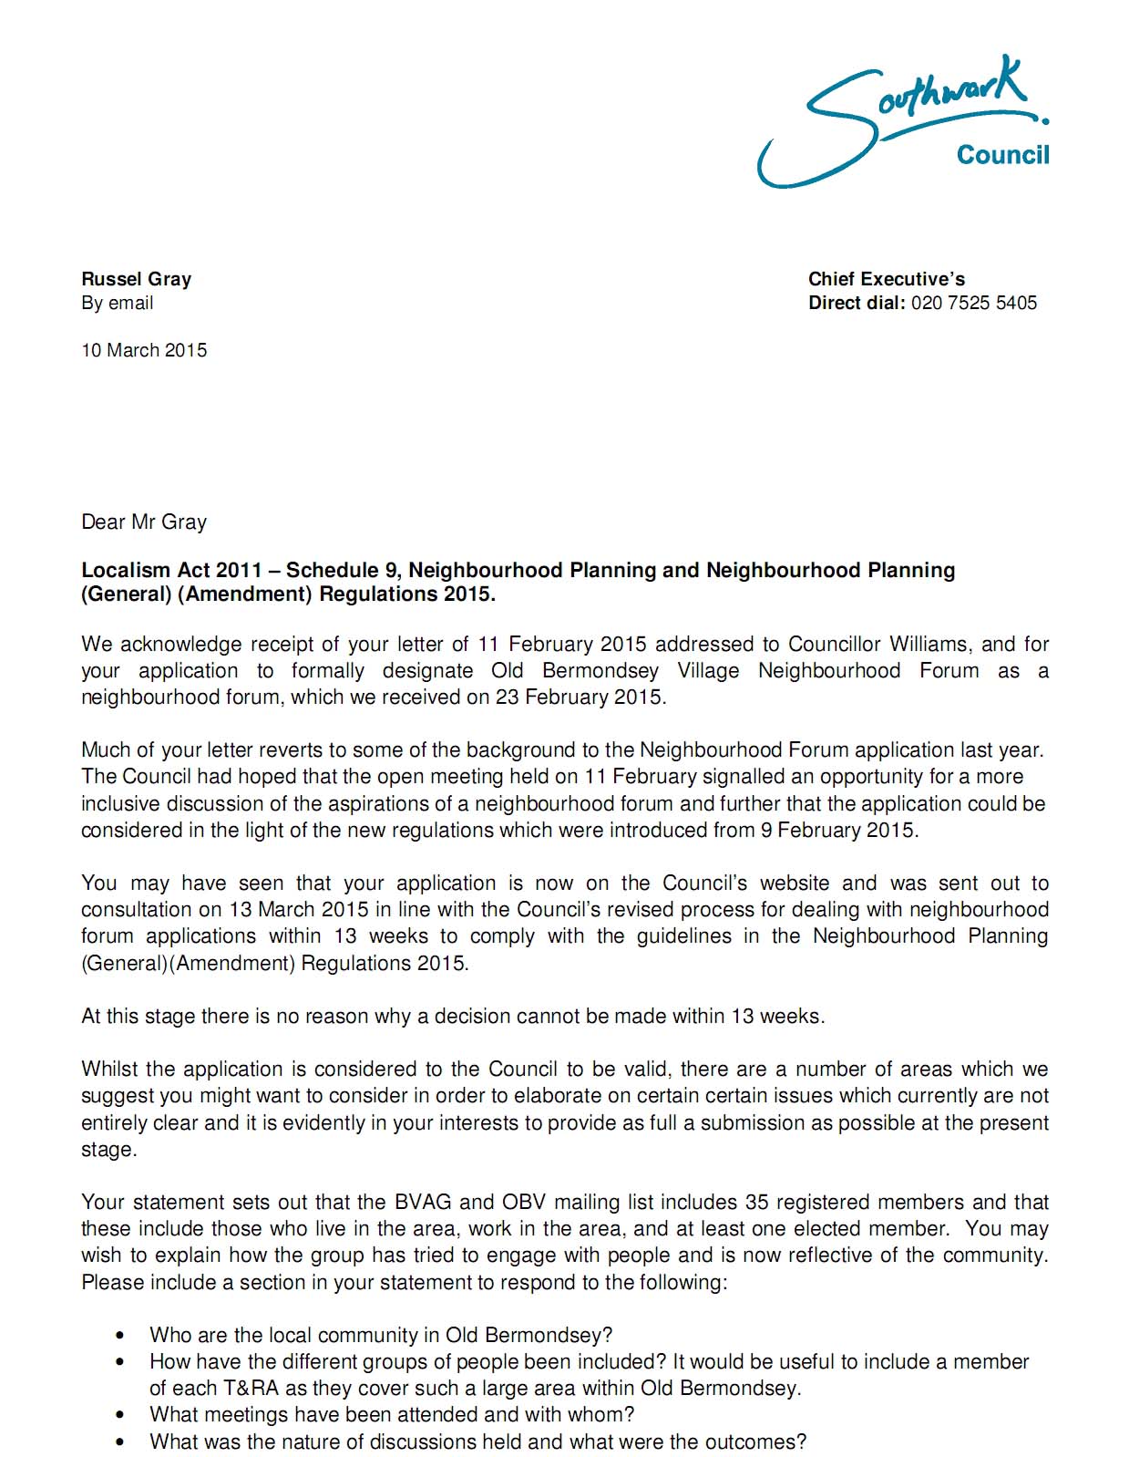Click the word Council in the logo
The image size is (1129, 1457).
coord(1002,155)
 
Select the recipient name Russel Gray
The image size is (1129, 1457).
coord(136,279)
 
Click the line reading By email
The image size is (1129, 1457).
coord(117,303)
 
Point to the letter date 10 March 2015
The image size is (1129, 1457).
coord(144,350)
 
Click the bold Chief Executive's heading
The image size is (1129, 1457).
coord(886,279)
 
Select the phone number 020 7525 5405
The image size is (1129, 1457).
coord(973,303)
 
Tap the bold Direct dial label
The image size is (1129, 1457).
coord(857,303)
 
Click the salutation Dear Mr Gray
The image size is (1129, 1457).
coord(144,522)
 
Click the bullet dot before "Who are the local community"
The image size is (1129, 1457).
coord(120,1336)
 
